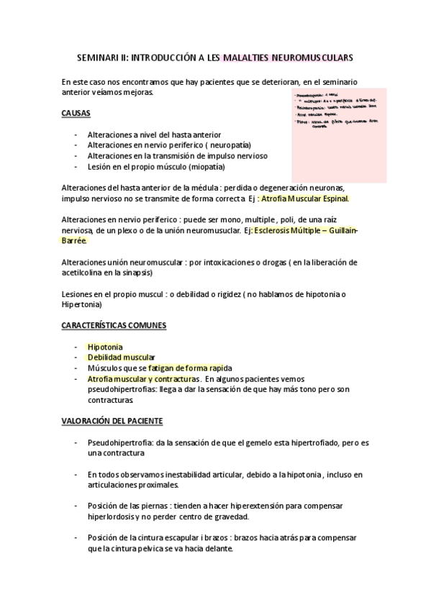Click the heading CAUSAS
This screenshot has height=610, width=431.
pos(76,114)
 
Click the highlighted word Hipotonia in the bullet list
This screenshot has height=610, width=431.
pos(105,346)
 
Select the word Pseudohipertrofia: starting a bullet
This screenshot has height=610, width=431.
pos(119,441)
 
